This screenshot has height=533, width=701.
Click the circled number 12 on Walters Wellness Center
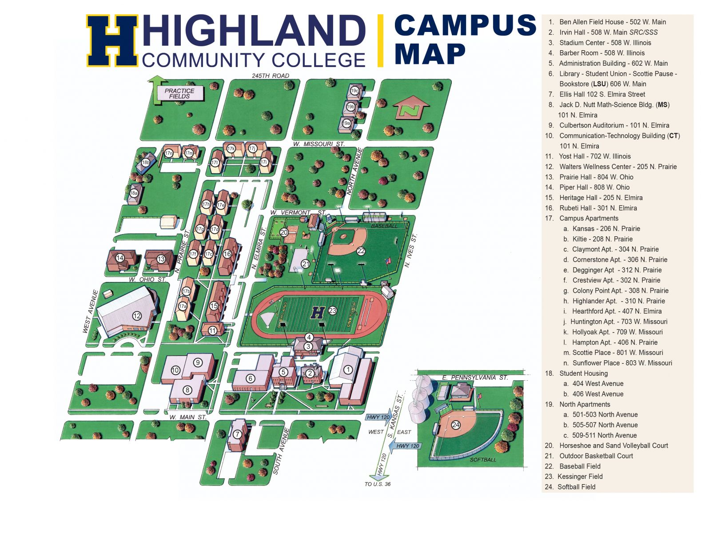(x=137, y=316)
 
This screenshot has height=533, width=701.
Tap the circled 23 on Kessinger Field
(x=332, y=311)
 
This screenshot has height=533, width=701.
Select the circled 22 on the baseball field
(x=361, y=251)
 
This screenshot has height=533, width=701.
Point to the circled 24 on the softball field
(x=456, y=425)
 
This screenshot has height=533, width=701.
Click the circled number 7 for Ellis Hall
(x=238, y=434)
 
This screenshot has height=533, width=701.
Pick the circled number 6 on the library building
(x=251, y=378)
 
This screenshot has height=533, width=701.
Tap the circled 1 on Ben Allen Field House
(x=348, y=370)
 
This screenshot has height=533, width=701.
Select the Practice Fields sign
(x=179, y=93)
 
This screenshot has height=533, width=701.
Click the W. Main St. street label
(x=188, y=417)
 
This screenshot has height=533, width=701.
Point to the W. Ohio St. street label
(x=147, y=279)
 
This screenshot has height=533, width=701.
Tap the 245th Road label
(x=271, y=76)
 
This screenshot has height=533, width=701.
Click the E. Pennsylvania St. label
(x=474, y=378)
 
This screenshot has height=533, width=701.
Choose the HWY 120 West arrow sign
(x=378, y=417)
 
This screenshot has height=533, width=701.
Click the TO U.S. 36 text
(x=378, y=484)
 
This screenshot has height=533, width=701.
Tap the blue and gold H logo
(x=112, y=41)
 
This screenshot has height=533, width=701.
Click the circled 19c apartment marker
(x=354, y=91)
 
